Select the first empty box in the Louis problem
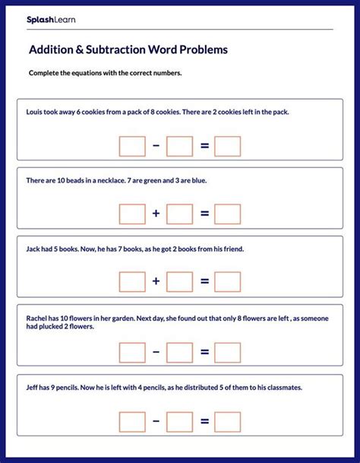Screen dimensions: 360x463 coord(132,146)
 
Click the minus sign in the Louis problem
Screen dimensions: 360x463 coord(156,146)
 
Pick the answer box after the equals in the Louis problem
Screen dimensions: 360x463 coord(227,146)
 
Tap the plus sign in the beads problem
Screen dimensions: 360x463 coord(156,214)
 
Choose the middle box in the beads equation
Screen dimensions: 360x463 coord(180,214)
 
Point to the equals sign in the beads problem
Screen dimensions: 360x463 coord(204,214)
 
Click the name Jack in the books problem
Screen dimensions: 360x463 coord(33,249)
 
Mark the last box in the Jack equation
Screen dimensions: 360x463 coord(227,283)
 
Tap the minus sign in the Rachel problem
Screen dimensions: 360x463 coord(156,353)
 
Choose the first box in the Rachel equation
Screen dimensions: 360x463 coord(132,353)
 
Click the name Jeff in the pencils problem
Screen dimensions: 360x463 coord(33,388)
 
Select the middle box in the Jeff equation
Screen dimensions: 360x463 coord(180,421)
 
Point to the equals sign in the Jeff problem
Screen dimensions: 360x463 coord(204,421)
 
